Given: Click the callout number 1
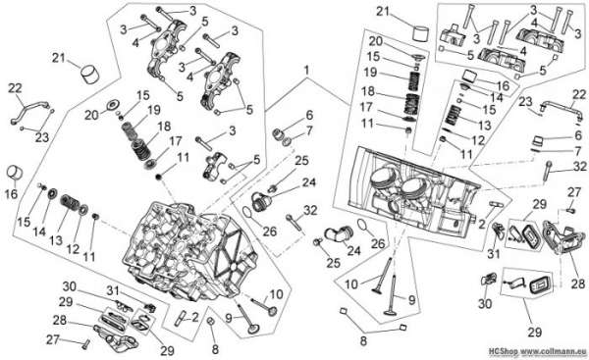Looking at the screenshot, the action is click(306, 71).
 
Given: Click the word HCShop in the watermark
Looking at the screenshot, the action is click(503, 351).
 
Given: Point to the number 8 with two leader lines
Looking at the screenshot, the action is click(363, 341).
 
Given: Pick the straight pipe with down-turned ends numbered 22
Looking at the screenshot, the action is click(561, 110).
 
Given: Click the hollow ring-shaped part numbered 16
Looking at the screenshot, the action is click(15, 173).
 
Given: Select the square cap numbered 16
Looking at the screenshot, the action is click(469, 76).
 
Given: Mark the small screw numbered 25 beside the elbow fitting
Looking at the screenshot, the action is click(317, 242).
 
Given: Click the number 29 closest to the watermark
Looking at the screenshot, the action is click(535, 332).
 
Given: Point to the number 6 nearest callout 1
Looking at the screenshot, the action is click(309, 115).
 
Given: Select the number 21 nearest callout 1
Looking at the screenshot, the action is click(383, 11).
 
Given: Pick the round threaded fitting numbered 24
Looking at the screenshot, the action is click(260, 201).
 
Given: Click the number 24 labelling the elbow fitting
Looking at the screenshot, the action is click(353, 250).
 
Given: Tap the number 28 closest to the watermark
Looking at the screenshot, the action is click(578, 283).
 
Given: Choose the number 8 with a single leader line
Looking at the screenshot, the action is click(215, 349).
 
